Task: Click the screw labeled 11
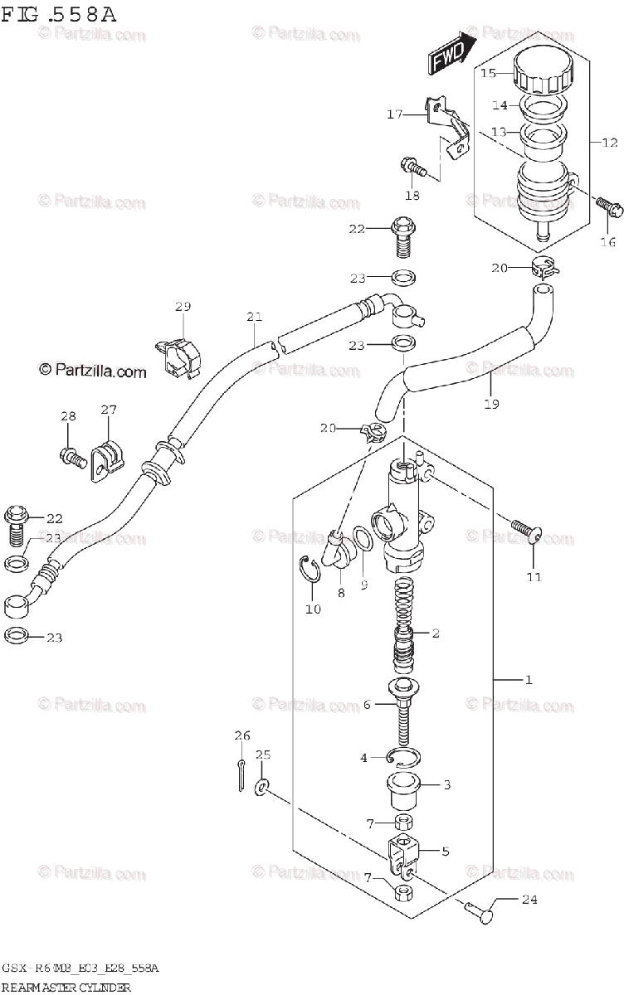[x=523, y=529]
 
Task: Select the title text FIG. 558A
[x=58, y=15]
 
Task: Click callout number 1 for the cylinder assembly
[x=528, y=680]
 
